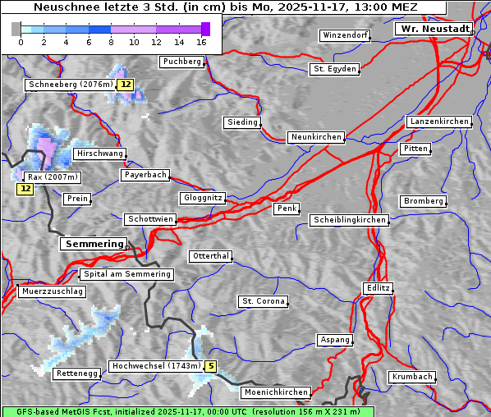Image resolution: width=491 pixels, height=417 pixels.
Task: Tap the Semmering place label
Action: point(94,244)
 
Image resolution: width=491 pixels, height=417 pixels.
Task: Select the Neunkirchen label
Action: point(315,137)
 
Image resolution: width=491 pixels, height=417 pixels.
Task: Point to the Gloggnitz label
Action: point(201,198)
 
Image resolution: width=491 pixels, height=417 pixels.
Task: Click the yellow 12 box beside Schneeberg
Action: point(125,85)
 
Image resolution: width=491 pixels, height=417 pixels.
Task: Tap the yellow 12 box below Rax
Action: point(25,189)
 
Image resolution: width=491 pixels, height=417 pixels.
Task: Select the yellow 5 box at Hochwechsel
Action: point(211,366)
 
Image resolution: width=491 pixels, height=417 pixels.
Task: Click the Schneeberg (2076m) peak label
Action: point(69,85)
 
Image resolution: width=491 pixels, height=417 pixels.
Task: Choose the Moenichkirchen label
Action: point(277,393)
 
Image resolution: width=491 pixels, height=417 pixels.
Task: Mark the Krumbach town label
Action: point(411,377)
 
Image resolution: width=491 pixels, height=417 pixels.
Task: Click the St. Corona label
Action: point(263,301)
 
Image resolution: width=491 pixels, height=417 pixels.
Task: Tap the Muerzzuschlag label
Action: point(52,291)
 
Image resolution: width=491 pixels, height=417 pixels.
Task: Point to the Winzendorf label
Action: point(345,36)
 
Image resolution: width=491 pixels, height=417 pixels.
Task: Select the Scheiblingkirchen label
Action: point(349,220)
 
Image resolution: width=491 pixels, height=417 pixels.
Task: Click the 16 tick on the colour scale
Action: point(202,42)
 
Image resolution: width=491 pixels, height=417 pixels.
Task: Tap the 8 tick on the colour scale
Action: point(111,42)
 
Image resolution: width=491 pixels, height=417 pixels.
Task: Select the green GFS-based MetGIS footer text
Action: point(187,411)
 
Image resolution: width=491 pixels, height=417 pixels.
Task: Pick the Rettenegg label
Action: point(76,373)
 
